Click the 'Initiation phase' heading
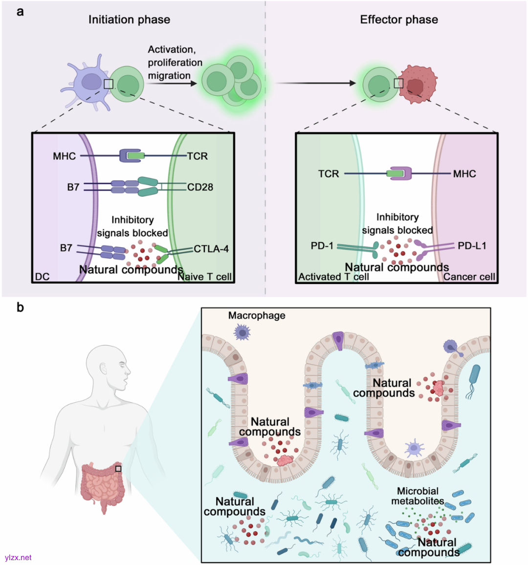(129, 20)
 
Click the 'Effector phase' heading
(399, 20)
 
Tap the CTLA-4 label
(211, 249)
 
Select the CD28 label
(200, 187)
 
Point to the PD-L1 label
(472, 245)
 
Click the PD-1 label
(322, 245)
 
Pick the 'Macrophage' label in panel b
(257, 316)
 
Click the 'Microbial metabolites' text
(418, 496)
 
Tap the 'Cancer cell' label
(469, 277)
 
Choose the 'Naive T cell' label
(205, 277)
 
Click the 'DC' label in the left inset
(43, 277)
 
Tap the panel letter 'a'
(20, 12)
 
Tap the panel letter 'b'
(20, 307)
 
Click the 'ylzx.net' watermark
(18, 557)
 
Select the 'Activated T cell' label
(333, 277)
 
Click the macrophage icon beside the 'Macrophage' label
(242, 333)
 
